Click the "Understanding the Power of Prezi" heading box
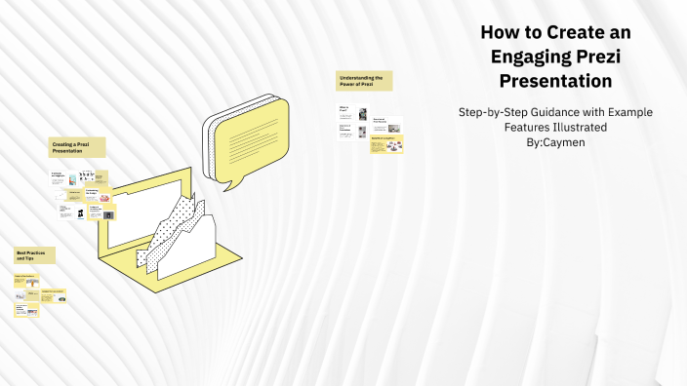point(364,80)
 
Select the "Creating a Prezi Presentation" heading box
point(76,147)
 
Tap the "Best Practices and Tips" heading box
point(34,254)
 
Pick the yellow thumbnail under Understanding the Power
point(386,145)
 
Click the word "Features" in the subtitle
point(532,127)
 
